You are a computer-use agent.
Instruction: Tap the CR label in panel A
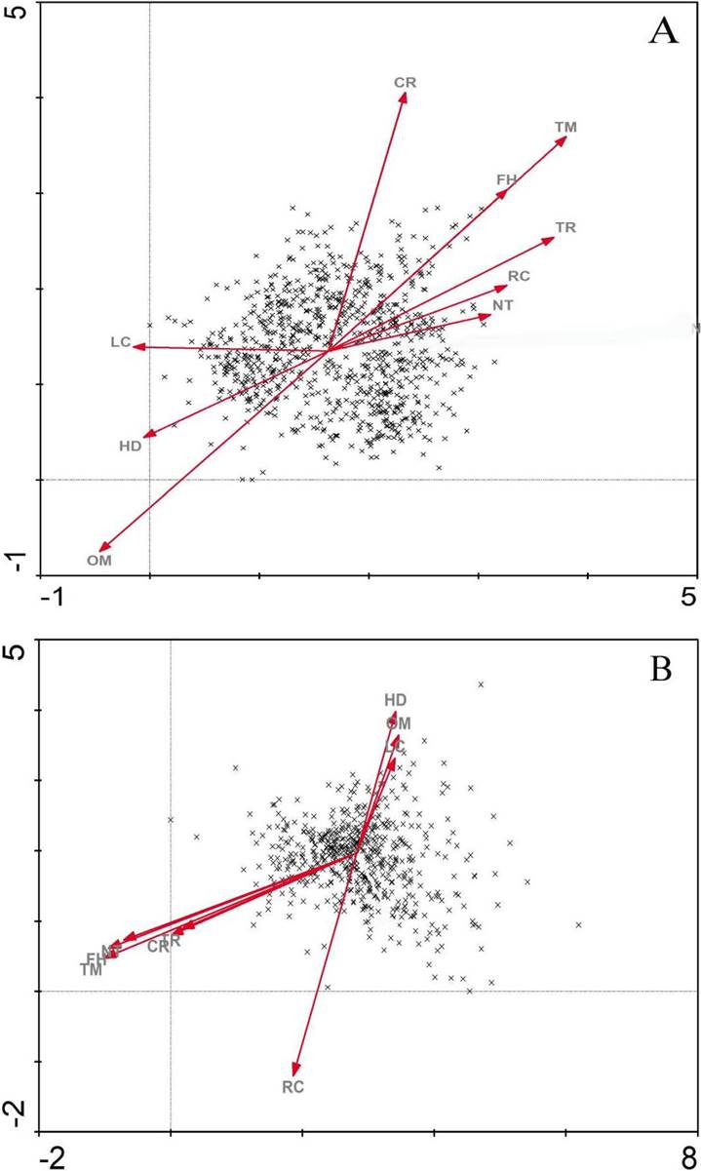tap(406, 83)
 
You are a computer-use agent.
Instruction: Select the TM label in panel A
tap(565, 128)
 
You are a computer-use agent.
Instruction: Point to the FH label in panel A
tap(506, 179)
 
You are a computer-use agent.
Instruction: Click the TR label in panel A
tap(565, 228)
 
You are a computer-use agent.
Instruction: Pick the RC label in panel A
tap(519, 276)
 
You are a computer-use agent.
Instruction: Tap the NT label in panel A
tap(503, 305)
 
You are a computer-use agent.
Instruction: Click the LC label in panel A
tap(120, 342)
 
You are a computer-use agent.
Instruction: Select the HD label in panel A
tap(131, 446)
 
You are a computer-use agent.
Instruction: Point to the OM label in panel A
tap(98, 561)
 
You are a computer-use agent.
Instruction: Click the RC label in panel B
tap(293, 1087)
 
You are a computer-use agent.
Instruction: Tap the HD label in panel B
tap(395, 700)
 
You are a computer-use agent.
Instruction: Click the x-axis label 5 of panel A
tap(689, 597)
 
